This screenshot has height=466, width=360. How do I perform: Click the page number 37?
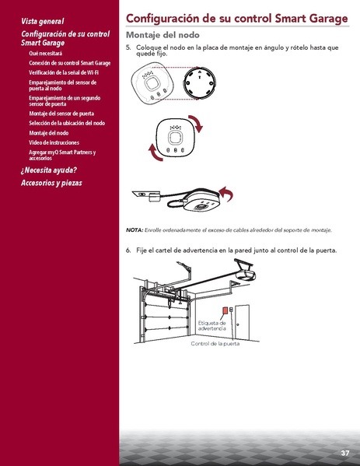(344, 453)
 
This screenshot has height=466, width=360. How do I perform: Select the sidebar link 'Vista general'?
(42, 22)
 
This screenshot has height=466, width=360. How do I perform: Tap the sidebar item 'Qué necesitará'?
(45, 53)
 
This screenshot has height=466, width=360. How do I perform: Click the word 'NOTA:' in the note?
(135, 230)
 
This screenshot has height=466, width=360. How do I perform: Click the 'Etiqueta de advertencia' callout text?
(211, 325)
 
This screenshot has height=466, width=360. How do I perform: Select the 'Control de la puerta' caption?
(215, 343)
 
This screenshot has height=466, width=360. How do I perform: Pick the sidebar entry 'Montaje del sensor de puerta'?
(65, 114)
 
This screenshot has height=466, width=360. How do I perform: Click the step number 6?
(128, 251)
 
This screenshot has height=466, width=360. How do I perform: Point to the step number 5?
(128, 47)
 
